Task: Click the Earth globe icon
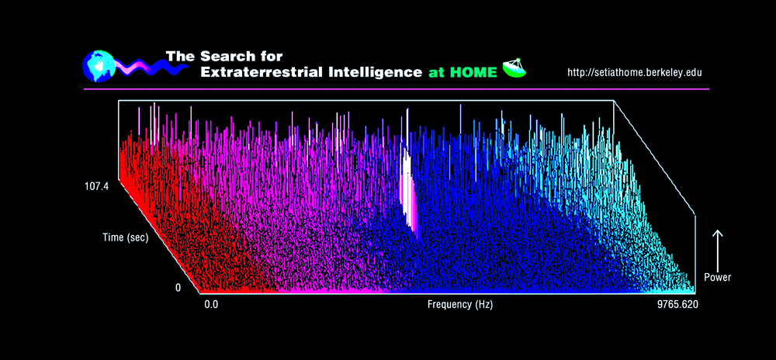(x=99, y=66)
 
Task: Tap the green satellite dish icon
(x=514, y=69)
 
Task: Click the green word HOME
(x=473, y=73)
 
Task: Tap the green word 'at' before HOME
(x=437, y=73)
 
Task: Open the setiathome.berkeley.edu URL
(x=635, y=73)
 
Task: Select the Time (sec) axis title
(x=125, y=237)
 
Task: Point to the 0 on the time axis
(x=178, y=288)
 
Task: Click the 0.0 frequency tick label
(x=211, y=305)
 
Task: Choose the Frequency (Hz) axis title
(x=460, y=305)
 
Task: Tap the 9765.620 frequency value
(x=677, y=305)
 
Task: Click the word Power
(x=718, y=278)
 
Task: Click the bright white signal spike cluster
(x=409, y=190)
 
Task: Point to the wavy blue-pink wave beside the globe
(x=152, y=66)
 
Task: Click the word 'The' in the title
(x=181, y=56)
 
